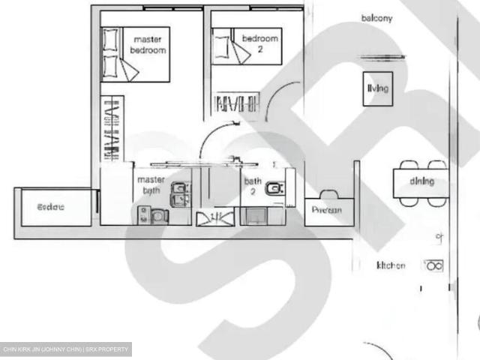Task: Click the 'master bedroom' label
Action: pyautogui.click(x=148, y=44)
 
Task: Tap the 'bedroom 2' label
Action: pyautogui.click(x=259, y=43)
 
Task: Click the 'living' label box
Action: pyautogui.click(x=378, y=88)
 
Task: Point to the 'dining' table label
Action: pyautogui.click(x=421, y=181)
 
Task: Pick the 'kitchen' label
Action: pyautogui.click(x=391, y=265)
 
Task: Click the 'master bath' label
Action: pyautogui.click(x=150, y=184)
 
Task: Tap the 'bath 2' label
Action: pyautogui.click(x=253, y=186)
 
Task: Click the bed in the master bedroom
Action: pyautogui.click(x=135, y=54)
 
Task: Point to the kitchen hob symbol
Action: pyautogui.click(x=433, y=265)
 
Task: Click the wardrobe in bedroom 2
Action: pyautogui.click(x=237, y=103)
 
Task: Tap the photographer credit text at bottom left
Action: pyautogui.click(x=66, y=349)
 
